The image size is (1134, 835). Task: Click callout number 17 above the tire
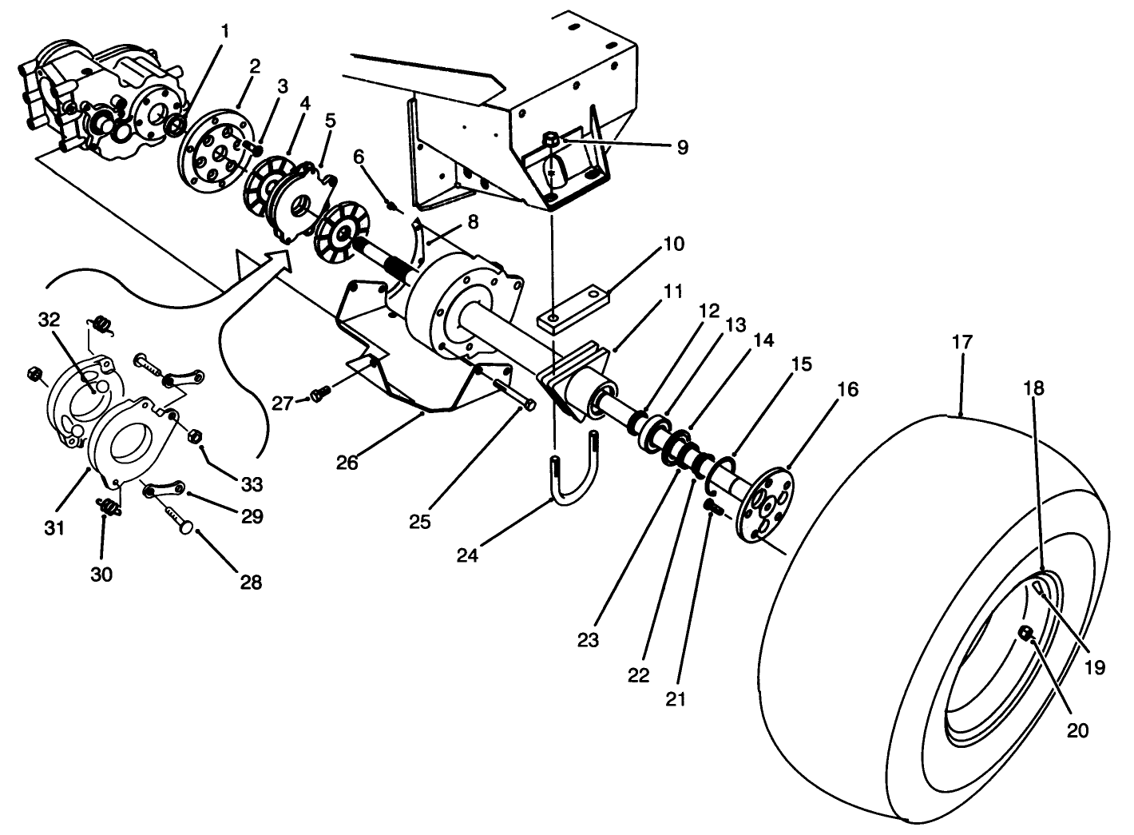(x=962, y=343)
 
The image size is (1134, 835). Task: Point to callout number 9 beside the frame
(x=680, y=147)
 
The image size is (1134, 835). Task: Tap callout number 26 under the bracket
(x=347, y=463)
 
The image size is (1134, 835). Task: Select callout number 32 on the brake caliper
(x=49, y=320)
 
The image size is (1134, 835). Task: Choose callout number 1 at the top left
(x=224, y=32)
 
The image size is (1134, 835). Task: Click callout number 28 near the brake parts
(x=251, y=583)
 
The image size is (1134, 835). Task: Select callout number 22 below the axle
(x=638, y=675)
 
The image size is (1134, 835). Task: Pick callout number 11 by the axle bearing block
(x=673, y=292)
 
